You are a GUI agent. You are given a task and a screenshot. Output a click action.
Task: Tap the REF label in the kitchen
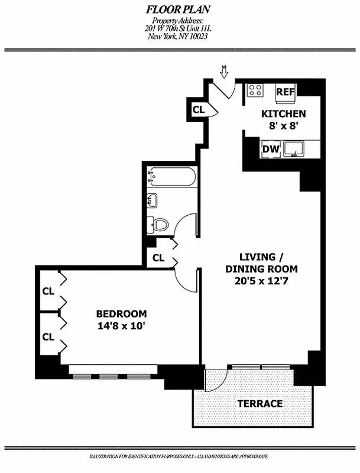286,92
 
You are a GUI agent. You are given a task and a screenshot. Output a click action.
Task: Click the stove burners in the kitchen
255,90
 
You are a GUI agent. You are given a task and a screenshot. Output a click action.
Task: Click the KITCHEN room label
284,114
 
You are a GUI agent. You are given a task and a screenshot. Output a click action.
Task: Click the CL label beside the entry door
198,109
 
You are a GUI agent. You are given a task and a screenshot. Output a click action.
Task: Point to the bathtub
173,176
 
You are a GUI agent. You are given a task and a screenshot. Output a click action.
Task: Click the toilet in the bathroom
160,224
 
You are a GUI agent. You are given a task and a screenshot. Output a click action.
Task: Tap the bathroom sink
151,200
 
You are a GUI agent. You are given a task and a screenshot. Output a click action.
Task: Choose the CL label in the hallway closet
158,258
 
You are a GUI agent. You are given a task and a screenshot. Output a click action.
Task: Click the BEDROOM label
121,313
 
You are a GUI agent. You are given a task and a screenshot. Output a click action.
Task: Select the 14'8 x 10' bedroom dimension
121,325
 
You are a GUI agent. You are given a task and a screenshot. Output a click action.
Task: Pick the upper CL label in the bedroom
48,291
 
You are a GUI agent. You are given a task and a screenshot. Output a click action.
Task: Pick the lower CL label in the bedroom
48,337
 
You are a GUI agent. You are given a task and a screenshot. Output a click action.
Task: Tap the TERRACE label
260,404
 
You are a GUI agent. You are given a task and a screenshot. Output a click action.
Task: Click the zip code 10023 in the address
197,36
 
